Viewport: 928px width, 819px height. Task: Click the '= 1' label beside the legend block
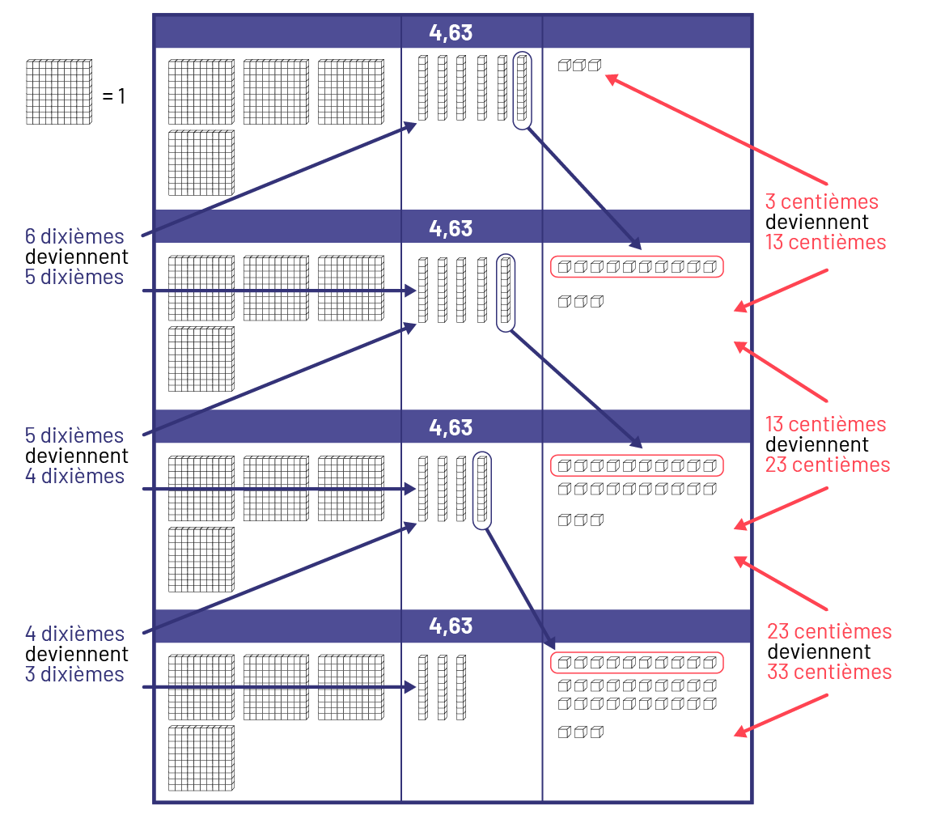[x=113, y=97]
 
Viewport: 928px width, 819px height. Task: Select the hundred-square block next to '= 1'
[x=58, y=91]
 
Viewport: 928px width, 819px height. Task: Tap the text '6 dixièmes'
[x=74, y=236]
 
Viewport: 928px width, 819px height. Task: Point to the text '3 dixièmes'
[x=74, y=674]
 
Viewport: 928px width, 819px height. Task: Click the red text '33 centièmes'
[x=829, y=672]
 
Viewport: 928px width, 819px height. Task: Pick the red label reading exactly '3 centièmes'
[x=821, y=201]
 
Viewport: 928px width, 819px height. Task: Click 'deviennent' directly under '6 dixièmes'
[x=77, y=257]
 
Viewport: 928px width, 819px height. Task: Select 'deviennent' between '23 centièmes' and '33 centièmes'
[x=819, y=651]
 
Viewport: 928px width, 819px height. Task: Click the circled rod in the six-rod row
[x=522, y=90]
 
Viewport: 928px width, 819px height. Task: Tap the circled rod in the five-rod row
[x=505, y=292]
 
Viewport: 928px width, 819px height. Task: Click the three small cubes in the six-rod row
[x=579, y=66]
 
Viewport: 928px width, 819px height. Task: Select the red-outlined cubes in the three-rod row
[x=637, y=663]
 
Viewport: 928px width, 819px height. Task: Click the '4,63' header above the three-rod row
[x=451, y=626]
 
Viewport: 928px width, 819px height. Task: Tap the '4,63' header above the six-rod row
[x=451, y=32]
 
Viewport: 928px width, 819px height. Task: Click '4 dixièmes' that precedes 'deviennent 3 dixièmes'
[x=74, y=633]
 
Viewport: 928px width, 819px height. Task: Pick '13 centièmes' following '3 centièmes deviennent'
[x=825, y=242]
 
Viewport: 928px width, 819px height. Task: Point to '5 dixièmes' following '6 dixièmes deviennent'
[x=74, y=277]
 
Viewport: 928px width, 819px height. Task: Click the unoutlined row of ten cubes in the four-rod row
[x=637, y=489]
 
